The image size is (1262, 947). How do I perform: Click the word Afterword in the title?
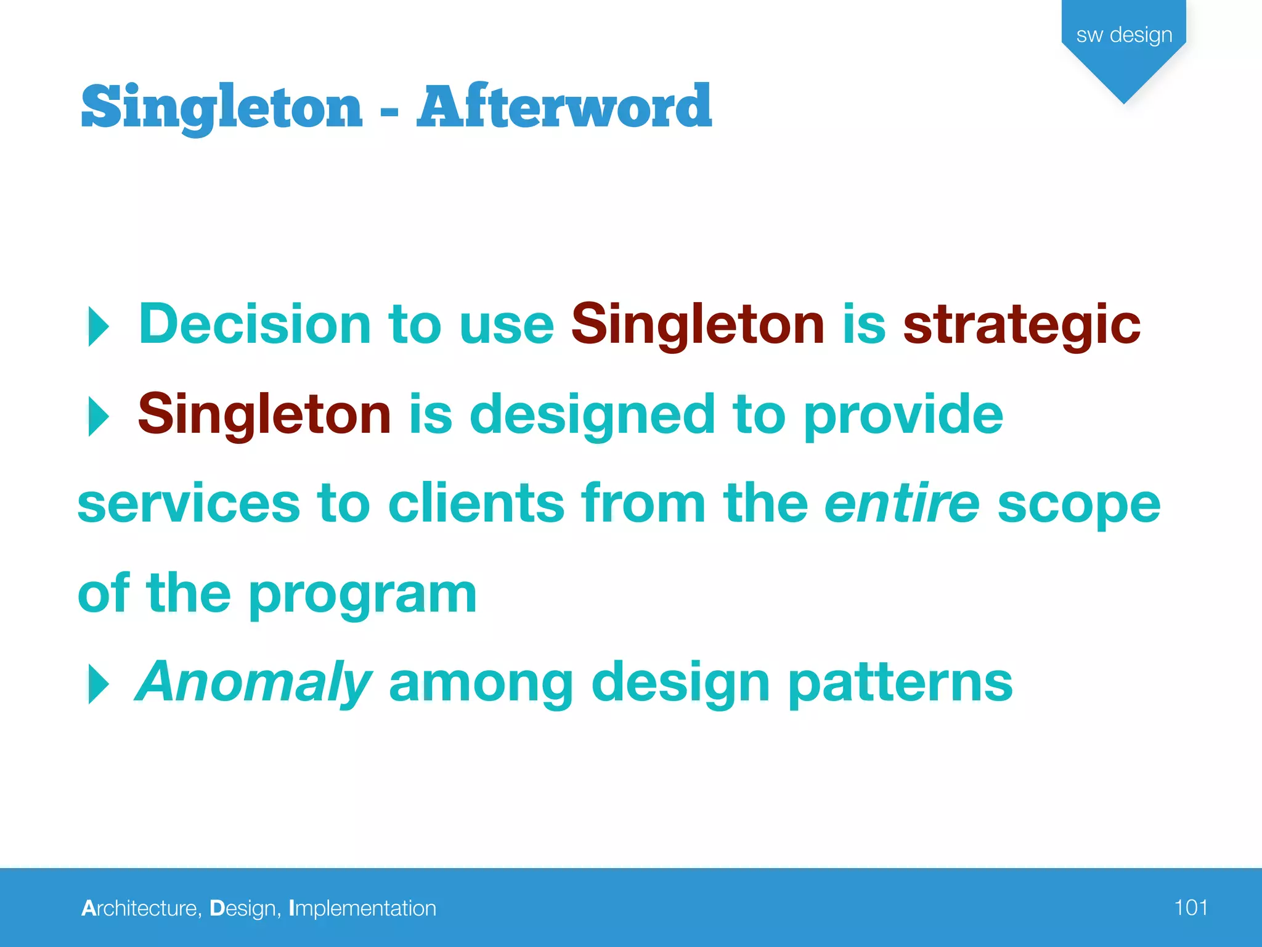[564, 106]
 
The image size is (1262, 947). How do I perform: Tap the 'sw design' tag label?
[1124, 35]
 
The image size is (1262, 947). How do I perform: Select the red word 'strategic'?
[1021, 326]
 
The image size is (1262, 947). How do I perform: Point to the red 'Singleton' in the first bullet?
[698, 324]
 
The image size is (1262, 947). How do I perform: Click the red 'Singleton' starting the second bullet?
[264, 414]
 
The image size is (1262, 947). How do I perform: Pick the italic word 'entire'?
[902, 504]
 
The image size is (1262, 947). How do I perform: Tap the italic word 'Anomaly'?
[253, 683]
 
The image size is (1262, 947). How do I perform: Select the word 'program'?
[363, 595]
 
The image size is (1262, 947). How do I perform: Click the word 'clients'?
[476, 504]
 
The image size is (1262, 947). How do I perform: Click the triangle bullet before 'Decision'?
[98, 326]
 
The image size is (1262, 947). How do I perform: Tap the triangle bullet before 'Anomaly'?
[98, 684]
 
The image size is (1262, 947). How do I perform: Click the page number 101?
[1191, 908]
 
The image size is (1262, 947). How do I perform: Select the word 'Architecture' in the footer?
[139, 908]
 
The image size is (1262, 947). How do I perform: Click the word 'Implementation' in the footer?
[362, 909]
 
